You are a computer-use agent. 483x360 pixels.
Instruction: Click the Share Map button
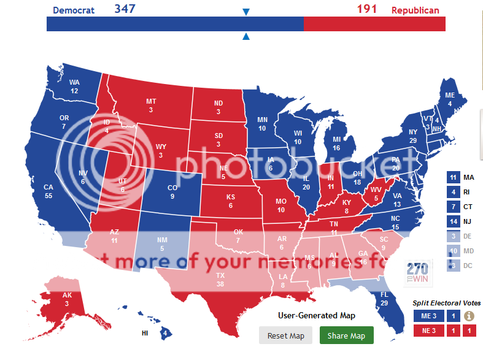pyautogui.click(x=346, y=335)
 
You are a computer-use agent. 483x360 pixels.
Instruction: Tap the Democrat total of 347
pyautogui.click(x=125, y=9)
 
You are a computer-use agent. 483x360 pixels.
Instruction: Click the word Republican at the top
pyautogui.click(x=415, y=10)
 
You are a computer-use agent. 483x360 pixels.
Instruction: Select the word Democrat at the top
pyautogui.click(x=74, y=10)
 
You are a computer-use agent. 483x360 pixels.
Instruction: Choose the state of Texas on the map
pyautogui.click(x=220, y=279)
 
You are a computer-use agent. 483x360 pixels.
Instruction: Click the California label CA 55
pyautogui.click(x=48, y=191)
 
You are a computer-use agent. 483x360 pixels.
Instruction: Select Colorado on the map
pyautogui.click(x=172, y=192)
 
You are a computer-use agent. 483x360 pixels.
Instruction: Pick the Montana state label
pyautogui.click(x=151, y=105)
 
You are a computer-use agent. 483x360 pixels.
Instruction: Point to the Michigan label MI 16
pyautogui.click(x=336, y=144)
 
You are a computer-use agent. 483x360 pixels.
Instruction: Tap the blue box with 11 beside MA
pyautogui.click(x=453, y=178)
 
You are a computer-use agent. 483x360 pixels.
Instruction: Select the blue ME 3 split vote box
pyautogui.click(x=428, y=316)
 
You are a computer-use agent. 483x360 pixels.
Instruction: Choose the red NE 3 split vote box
pyautogui.click(x=428, y=331)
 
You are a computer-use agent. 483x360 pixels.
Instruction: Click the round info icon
pyautogui.click(x=469, y=316)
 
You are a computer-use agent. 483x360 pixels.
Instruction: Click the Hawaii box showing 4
pyautogui.click(x=165, y=334)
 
